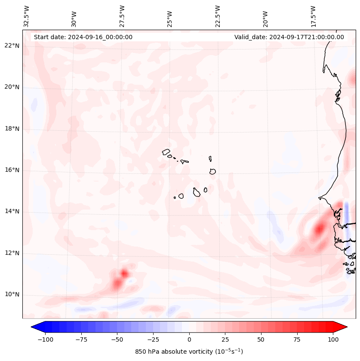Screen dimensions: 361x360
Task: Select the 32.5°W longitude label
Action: coord(27,16)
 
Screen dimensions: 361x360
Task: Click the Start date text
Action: coord(83,37)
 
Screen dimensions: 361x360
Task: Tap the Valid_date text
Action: coord(289,37)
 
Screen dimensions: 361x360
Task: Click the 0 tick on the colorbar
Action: coord(189,339)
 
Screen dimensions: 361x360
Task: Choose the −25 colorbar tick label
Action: coord(153,339)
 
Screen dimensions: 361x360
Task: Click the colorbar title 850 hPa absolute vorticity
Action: coord(189,352)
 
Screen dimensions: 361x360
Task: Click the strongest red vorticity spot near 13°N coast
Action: coord(319,229)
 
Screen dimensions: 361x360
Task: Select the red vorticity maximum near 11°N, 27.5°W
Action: coord(124,273)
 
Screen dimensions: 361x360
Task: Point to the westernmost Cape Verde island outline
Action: coord(166,152)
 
